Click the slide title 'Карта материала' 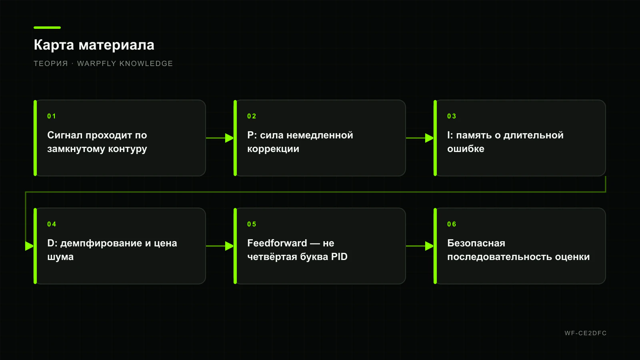click(94, 45)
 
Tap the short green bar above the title click(47, 28)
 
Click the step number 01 click(52, 116)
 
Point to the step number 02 click(252, 116)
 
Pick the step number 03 click(452, 116)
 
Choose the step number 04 click(52, 224)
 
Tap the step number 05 click(252, 224)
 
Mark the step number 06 click(452, 224)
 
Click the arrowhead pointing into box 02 click(230, 138)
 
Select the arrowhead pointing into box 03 click(430, 138)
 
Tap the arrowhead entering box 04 click(30, 246)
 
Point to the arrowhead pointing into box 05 click(230, 246)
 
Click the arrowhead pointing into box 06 click(430, 246)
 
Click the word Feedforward click(277, 243)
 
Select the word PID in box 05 click(339, 256)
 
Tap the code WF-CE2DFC click(586, 333)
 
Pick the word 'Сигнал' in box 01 click(65, 136)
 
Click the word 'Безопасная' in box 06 click(476, 243)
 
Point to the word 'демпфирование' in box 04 click(101, 244)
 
